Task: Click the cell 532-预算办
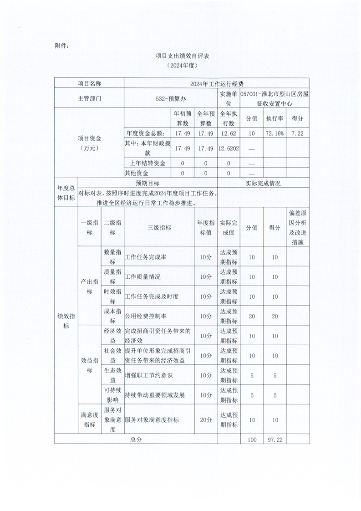[170, 98]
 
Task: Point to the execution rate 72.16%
[275, 133]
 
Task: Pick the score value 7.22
[297, 133]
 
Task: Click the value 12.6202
[229, 148]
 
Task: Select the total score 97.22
[275, 439]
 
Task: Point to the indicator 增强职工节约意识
[148, 375]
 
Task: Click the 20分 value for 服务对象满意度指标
[206, 420]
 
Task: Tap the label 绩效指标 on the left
[66, 321]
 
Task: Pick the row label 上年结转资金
[147, 163]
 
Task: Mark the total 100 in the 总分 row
[252, 439]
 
